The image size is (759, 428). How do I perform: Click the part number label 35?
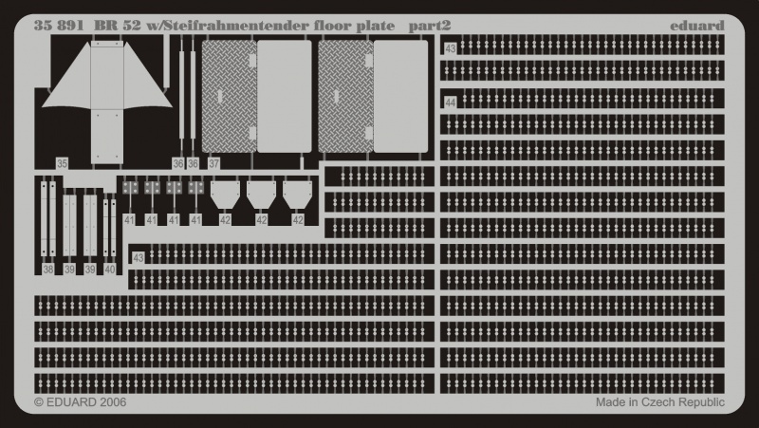click(62, 164)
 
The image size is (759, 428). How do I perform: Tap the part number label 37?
click(214, 164)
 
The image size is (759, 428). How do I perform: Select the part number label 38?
click(47, 270)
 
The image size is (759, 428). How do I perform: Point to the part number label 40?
click(110, 270)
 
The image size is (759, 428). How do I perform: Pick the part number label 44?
click(450, 102)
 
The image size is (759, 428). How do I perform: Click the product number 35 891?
click(58, 25)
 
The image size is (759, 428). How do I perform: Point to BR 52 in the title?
click(112, 25)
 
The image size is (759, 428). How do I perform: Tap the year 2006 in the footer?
click(110, 402)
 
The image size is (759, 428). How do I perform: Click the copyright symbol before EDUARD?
click(40, 402)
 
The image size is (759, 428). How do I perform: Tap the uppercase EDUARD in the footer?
click(69, 402)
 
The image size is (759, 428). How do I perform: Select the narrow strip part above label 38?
click(47, 218)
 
